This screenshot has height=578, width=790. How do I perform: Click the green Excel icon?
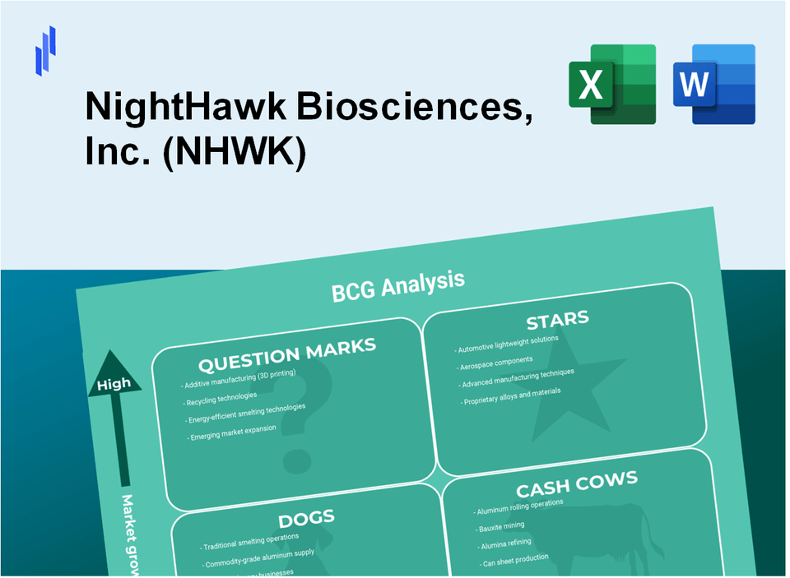click(x=611, y=84)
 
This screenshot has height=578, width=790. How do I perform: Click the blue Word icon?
click(x=713, y=84)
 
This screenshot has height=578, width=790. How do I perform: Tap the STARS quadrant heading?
click(x=557, y=320)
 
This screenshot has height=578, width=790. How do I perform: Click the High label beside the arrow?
click(x=114, y=384)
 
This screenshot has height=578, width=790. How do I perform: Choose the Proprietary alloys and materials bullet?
click(x=511, y=396)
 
